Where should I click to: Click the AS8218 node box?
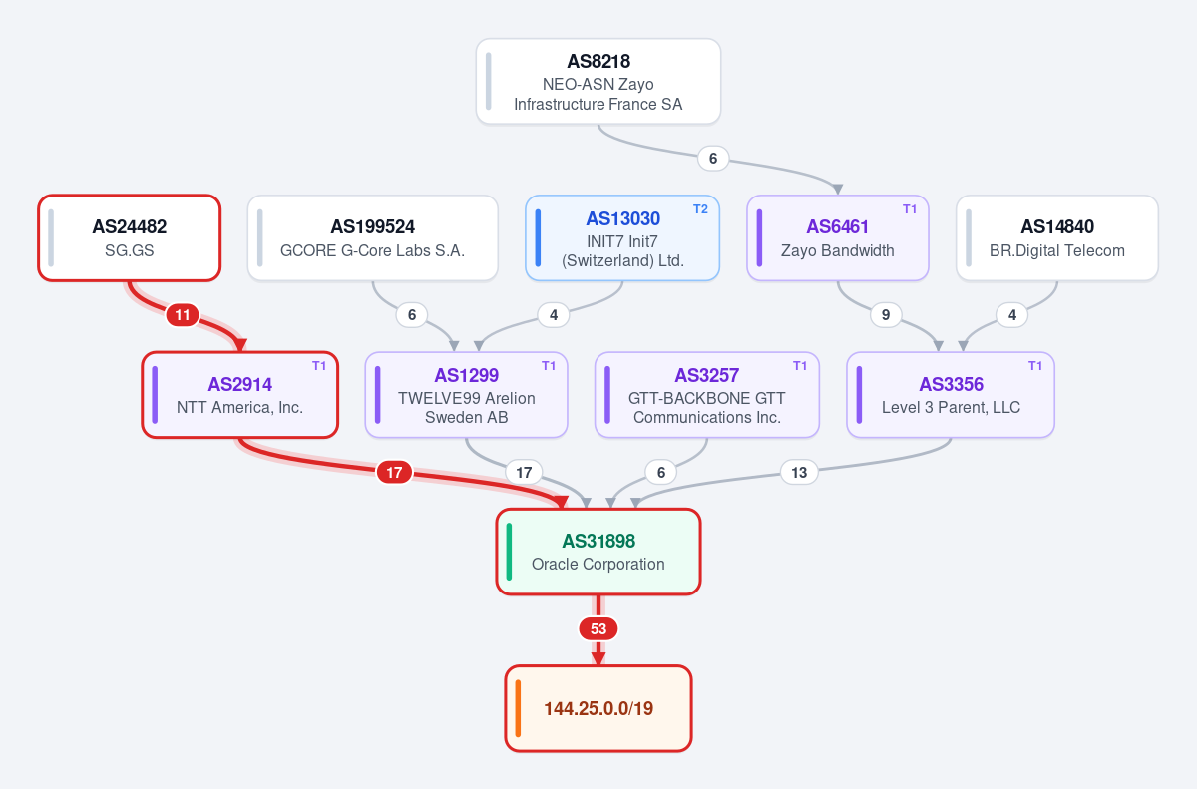pos(598,81)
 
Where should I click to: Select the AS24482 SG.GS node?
pos(130,237)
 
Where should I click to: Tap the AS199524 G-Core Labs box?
pos(372,237)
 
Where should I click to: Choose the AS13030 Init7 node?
pos(622,237)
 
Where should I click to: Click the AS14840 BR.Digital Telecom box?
pos(1057,237)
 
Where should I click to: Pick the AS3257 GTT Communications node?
pos(707,395)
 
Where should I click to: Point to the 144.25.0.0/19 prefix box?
pos(598,708)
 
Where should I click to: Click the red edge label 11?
pos(183,314)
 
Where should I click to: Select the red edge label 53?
pos(598,628)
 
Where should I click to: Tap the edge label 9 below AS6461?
pos(886,314)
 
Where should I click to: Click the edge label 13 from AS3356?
pos(799,472)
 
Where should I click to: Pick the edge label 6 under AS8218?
pos(713,159)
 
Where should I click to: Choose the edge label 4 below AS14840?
pos(1012,314)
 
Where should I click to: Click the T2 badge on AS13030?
pos(700,209)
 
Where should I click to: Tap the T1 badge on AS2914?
pos(319,366)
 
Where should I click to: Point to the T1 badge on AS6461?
pos(910,209)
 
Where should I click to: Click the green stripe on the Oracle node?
pos(510,552)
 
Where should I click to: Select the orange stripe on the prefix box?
pos(518,708)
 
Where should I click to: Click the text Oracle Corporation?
pos(598,564)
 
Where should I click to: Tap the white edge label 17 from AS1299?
pos(524,472)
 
